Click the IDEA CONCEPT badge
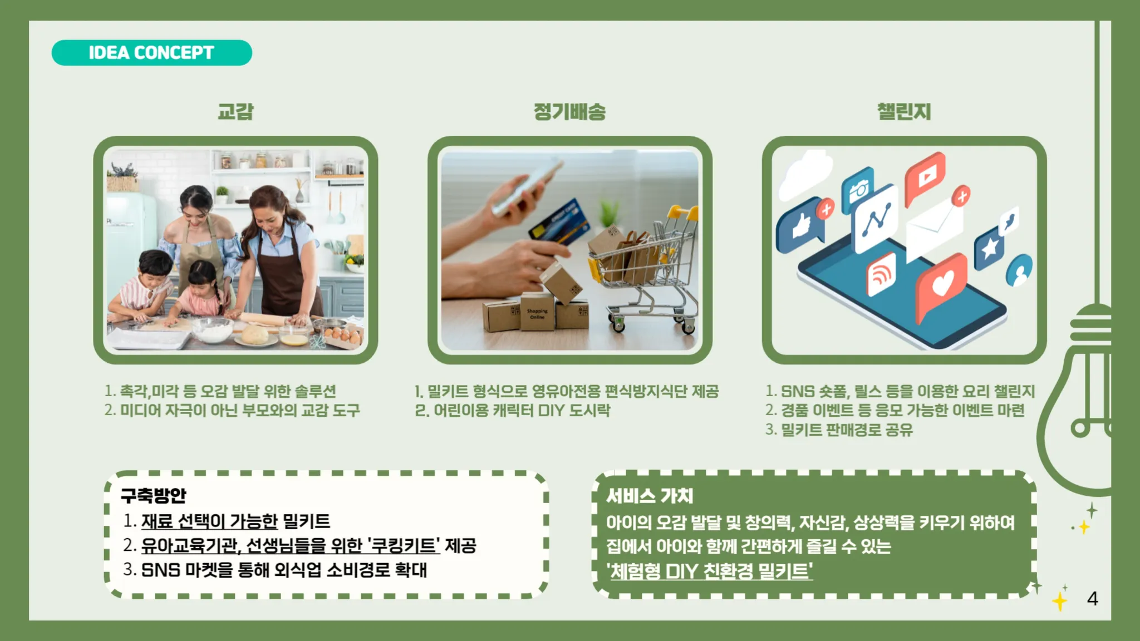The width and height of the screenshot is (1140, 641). tap(151, 53)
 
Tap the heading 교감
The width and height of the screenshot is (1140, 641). tap(235, 111)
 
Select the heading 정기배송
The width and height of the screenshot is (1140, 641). tap(569, 111)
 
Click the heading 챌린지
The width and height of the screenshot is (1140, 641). tap(904, 111)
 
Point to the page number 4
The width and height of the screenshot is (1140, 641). tap(1092, 599)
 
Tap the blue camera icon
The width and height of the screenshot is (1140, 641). tap(857, 189)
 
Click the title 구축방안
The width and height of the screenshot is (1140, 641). tap(153, 495)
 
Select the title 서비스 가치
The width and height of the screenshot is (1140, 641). tap(650, 495)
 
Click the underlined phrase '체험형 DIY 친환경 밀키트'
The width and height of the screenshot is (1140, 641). tap(710, 571)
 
